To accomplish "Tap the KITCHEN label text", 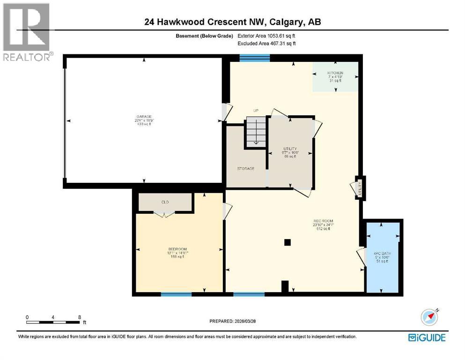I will [335, 73].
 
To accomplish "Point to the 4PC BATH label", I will [383, 253].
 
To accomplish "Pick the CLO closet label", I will [165, 202].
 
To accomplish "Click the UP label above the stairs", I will [256, 111].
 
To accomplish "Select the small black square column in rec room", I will [288, 242].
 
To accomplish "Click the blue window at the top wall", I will [255, 58].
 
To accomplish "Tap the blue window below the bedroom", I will [176, 294].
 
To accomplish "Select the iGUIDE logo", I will [427, 337].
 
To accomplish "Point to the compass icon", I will [429, 317].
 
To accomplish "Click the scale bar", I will [53, 322].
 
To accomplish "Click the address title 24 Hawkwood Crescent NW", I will [232, 22].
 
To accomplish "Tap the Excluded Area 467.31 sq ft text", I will [266, 44].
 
